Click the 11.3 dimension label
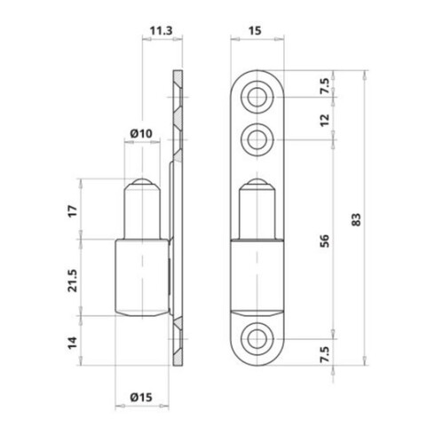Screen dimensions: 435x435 [x=161, y=31]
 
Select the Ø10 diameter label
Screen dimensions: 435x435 [x=141, y=134]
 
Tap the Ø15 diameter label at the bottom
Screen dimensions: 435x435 [x=141, y=398]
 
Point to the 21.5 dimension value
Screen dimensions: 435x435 [x=73, y=281]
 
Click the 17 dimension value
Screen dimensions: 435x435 [x=73, y=211]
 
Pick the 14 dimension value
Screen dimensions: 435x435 [x=73, y=343]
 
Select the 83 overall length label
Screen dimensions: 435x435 [x=356, y=219]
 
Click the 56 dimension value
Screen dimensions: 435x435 [x=325, y=241]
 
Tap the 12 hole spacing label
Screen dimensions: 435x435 [x=325, y=120]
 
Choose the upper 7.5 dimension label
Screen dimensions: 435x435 [x=325, y=86]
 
